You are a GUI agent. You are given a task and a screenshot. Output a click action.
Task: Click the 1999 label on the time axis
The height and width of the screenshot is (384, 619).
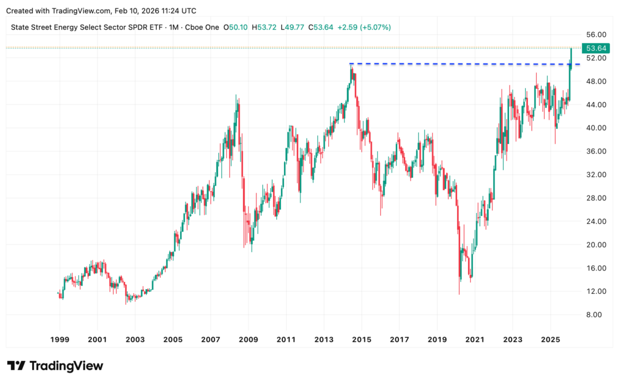coord(59,339)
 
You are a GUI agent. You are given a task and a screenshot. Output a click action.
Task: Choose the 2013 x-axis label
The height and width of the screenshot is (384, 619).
coord(324,339)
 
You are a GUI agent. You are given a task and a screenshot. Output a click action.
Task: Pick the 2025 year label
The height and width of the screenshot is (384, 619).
coord(551,339)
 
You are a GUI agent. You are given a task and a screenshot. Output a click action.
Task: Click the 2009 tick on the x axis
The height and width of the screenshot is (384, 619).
coord(248,339)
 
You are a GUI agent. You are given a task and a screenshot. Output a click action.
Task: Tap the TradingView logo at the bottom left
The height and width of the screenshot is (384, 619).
coord(55,366)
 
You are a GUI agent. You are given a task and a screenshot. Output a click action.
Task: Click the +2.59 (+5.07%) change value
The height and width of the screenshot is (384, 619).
coord(365,27)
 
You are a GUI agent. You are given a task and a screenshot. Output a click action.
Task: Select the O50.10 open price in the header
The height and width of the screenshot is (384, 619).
coord(236,27)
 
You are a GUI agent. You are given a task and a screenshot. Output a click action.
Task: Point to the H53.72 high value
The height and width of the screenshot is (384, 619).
coord(264,27)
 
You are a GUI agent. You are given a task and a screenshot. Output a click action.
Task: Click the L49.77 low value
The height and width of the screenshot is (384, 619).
coord(293,27)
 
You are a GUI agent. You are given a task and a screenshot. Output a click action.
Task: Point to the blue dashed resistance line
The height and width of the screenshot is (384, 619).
coord(459,63)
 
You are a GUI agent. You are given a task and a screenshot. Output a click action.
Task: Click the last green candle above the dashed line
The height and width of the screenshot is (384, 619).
coord(571,56)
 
